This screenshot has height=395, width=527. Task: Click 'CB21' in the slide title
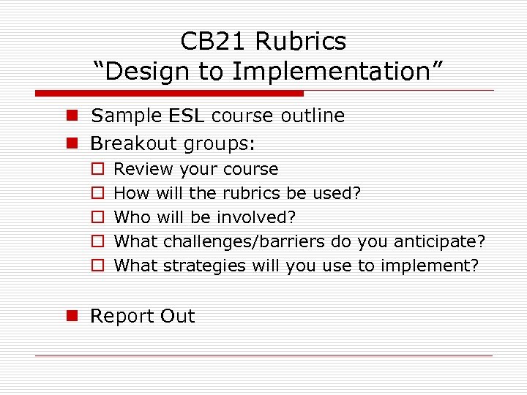click(212, 41)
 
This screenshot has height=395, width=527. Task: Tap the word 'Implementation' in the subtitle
click(337, 72)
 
